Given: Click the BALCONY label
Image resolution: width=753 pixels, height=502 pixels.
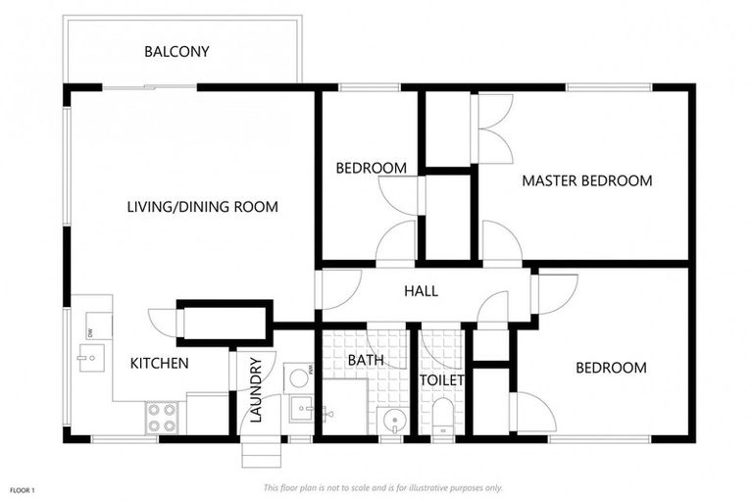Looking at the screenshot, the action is pos(176,51).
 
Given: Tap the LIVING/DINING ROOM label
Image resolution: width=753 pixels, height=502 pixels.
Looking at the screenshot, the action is pos(203,207).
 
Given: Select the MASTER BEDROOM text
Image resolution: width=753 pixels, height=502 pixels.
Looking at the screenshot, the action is pos(587,181).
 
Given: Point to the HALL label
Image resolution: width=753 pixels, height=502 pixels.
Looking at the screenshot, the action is pos(422,291).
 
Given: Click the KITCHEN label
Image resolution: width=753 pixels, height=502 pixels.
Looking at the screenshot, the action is pos(160,363).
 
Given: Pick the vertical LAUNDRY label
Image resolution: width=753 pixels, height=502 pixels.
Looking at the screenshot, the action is pos(257,390).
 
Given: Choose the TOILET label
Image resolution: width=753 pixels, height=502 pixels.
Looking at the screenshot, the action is pos(442,380).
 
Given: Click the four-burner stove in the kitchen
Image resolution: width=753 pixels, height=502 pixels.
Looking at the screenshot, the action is pos(162,418).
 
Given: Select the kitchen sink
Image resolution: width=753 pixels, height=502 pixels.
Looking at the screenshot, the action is pos(91,358).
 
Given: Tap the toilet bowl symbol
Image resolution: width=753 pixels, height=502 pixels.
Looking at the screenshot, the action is pos(443,417).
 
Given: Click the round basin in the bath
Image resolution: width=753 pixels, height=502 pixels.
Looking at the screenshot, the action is pos(394,422).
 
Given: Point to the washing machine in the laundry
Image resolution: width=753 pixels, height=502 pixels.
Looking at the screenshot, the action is pos(299,377).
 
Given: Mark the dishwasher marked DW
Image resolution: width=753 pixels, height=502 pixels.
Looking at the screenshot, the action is pos(99,326).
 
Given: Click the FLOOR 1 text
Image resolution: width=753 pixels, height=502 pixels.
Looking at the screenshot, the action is pos(23,491).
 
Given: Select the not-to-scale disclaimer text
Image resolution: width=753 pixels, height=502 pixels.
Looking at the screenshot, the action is pos(382,488).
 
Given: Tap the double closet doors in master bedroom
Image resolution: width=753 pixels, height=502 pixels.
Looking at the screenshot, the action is pos(493,128).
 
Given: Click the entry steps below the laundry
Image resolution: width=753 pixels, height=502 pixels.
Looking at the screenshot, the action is pos(261,452).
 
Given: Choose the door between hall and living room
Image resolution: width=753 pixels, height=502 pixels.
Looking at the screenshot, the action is pos(338,289).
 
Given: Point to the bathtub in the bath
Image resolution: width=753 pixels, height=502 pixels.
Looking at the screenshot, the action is pos(345,406).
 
